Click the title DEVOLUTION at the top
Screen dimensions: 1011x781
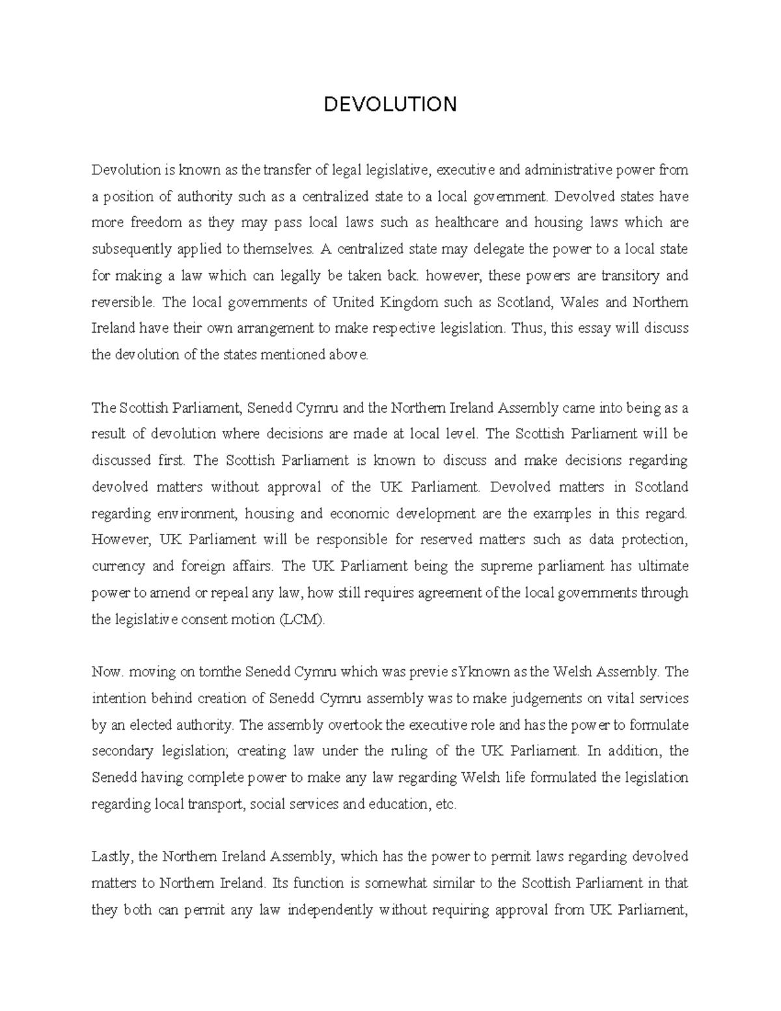click(390, 104)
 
